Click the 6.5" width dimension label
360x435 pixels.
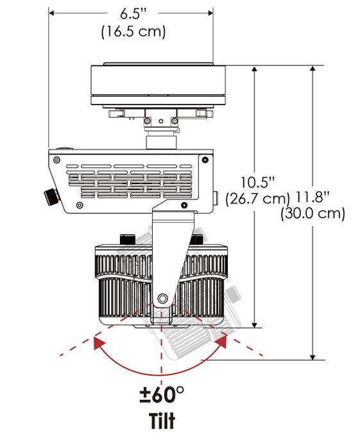133,13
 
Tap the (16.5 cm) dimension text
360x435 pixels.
133,31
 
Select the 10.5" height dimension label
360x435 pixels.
257,182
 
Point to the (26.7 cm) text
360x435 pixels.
257,199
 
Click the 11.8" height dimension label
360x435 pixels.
313,198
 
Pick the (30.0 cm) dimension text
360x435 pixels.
313,214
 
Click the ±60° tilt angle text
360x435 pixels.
162,395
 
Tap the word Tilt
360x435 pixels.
162,421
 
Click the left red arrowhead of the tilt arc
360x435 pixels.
99,343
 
